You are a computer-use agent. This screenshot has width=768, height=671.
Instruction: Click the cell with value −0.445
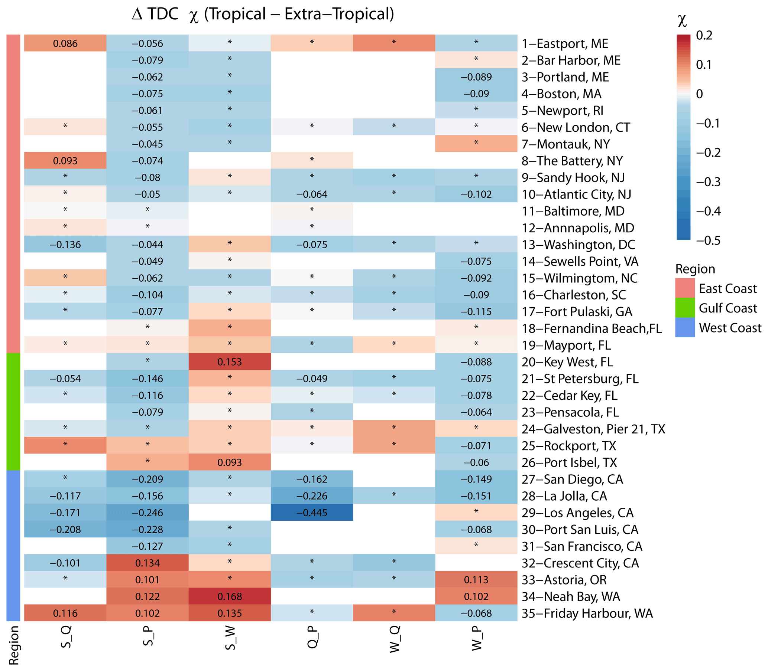[x=311, y=513]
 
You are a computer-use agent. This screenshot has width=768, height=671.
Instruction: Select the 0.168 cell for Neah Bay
[x=229, y=596]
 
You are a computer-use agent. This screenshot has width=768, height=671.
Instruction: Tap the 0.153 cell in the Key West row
[x=229, y=362]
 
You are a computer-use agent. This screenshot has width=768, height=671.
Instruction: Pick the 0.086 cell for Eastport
[x=65, y=43]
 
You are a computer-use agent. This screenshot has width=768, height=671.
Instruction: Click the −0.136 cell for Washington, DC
[x=65, y=245]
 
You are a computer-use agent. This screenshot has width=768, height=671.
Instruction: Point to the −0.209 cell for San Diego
[x=147, y=479]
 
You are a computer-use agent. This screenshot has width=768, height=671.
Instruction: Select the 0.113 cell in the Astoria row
[x=476, y=580]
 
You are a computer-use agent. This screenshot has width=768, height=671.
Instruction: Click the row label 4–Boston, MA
[x=561, y=94]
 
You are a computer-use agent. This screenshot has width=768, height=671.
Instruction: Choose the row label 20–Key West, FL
[x=567, y=362]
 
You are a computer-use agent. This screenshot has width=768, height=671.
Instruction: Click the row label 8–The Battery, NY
[x=572, y=161]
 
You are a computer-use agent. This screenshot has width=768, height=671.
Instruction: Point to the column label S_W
[x=230, y=638]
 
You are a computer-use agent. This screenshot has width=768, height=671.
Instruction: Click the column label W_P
[x=477, y=638]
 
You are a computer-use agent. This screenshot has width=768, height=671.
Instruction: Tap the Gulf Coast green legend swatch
[x=685, y=308]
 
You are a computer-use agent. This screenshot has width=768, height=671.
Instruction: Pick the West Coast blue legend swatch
[x=685, y=328]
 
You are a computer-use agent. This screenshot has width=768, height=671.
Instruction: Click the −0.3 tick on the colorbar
[x=708, y=182]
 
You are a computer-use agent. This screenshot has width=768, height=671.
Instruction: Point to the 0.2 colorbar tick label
[x=704, y=36]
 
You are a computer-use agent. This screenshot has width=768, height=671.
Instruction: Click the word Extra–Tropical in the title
[x=339, y=14]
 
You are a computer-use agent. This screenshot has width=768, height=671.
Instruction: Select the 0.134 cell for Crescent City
[x=147, y=563]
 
